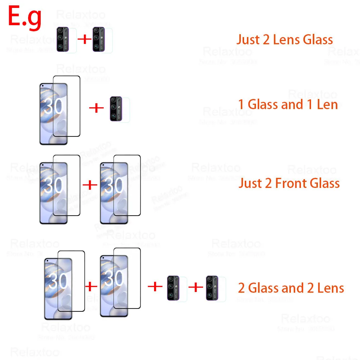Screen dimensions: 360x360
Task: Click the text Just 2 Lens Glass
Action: tap(284, 40)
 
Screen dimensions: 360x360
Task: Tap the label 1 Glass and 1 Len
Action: tap(288, 104)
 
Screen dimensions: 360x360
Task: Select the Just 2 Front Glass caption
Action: tap(289, 183)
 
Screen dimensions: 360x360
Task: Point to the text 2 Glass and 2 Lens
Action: tap(291, 288)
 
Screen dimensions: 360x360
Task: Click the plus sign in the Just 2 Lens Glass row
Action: tap(85, 39)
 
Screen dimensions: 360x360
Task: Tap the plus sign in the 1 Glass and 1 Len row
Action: tap(96, 108)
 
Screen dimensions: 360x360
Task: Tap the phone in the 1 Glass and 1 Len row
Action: tap(54, 113)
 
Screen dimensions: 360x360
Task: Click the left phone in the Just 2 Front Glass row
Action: tap(54, 193)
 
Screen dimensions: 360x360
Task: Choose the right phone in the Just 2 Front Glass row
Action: tap(114, 193)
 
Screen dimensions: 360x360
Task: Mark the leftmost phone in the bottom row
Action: tap(58, 288)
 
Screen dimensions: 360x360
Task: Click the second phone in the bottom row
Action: tap(114, 286)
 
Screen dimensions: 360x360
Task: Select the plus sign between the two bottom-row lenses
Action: tap(196, 287)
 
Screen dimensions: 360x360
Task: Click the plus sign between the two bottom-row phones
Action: tap(91, 287)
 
